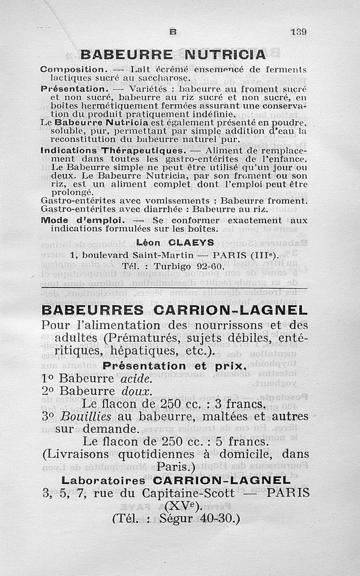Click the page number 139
[x=298, y=32]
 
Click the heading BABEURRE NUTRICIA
[x=173, y=54]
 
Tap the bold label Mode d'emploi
[x=82, y=220]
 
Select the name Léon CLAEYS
[x=169, y=243]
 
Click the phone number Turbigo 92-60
[x=189, y=266]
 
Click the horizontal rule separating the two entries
[x=174, y=288]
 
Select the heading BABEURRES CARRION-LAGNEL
[x=174, y=310]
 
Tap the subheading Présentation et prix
[x=175, y=366]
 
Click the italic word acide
[x=135, y=379]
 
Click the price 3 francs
[x=243, y=404]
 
